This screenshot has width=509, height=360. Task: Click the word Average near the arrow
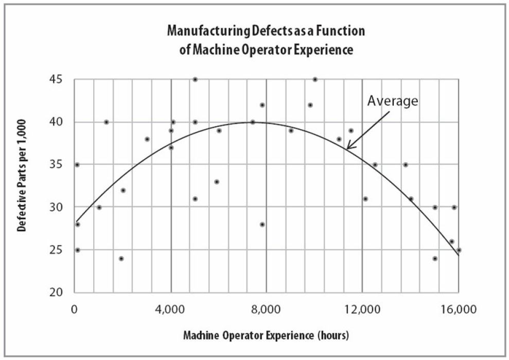click(x=393, y=101)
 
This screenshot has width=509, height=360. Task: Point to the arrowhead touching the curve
click(x=347, y=148)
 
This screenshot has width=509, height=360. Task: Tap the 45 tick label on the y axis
click(x=57, y=80)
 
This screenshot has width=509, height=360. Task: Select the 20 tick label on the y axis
click(x=57, y=293)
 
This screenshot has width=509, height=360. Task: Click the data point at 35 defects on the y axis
click(x=77, y=165)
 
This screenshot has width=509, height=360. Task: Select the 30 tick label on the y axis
click(x=57, y=208)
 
